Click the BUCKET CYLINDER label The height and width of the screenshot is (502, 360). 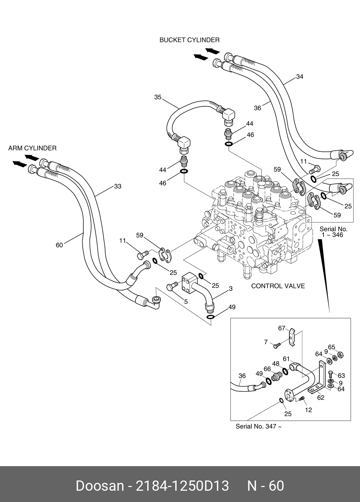(190, 40)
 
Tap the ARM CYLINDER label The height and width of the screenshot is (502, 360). (32, 148)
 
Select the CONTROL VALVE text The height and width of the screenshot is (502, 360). (278, 286)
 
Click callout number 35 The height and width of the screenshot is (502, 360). (157, 97)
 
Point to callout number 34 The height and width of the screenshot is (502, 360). (300, 77)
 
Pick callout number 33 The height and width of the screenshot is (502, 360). (117, 187)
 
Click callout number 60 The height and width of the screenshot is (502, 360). (59, 245)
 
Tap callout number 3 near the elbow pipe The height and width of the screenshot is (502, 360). (231, 289)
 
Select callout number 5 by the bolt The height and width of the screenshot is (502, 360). (186, 302)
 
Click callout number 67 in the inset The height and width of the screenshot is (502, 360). (281, 328)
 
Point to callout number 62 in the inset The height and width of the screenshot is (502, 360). (321, 398)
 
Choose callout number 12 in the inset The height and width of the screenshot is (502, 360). (308, 410)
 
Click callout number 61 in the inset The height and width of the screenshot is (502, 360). (286, 359)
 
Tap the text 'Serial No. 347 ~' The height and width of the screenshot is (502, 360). (259, 426)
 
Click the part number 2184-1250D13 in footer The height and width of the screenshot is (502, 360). (182, 486)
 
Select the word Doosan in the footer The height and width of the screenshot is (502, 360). (100, 486)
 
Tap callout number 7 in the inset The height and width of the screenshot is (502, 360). (266, 342)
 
